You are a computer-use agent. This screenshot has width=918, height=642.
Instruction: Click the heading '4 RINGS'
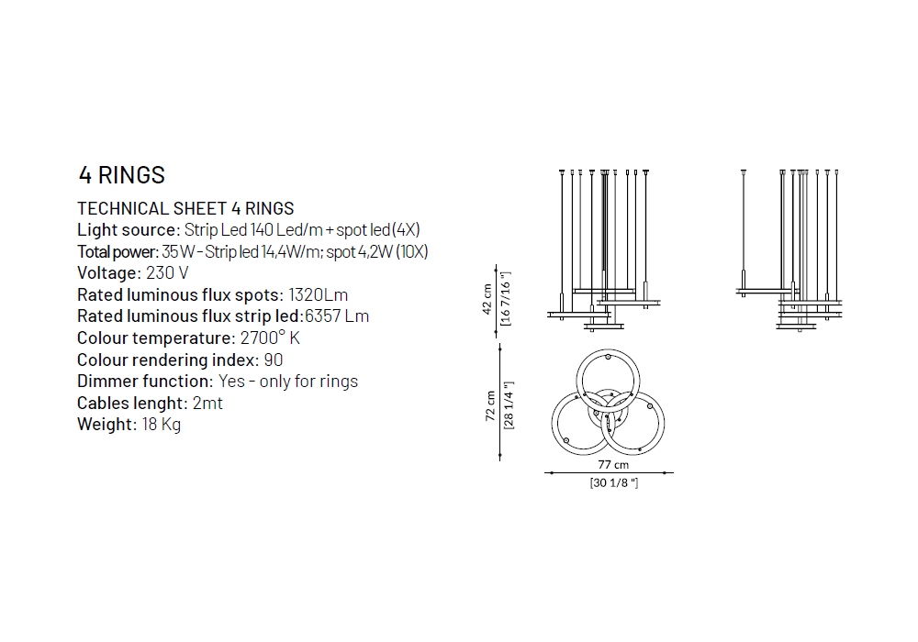(x=122, y=175)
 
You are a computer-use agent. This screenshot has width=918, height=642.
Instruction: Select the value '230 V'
(x=167, y=273)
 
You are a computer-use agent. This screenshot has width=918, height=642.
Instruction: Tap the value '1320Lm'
(x=318, y=294)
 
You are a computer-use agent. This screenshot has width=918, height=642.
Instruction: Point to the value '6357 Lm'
(x=337, y=316)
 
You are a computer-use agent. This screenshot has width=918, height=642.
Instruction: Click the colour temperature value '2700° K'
(x=270, y=338)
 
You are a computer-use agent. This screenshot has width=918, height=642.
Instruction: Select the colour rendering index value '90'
(x=274, y=360)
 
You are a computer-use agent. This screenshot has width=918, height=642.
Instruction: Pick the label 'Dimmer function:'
(x=145, y=382)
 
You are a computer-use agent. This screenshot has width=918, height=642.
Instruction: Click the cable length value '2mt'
(x=207, y=403)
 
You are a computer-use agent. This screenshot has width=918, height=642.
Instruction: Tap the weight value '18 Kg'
(x=161, y=425)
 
